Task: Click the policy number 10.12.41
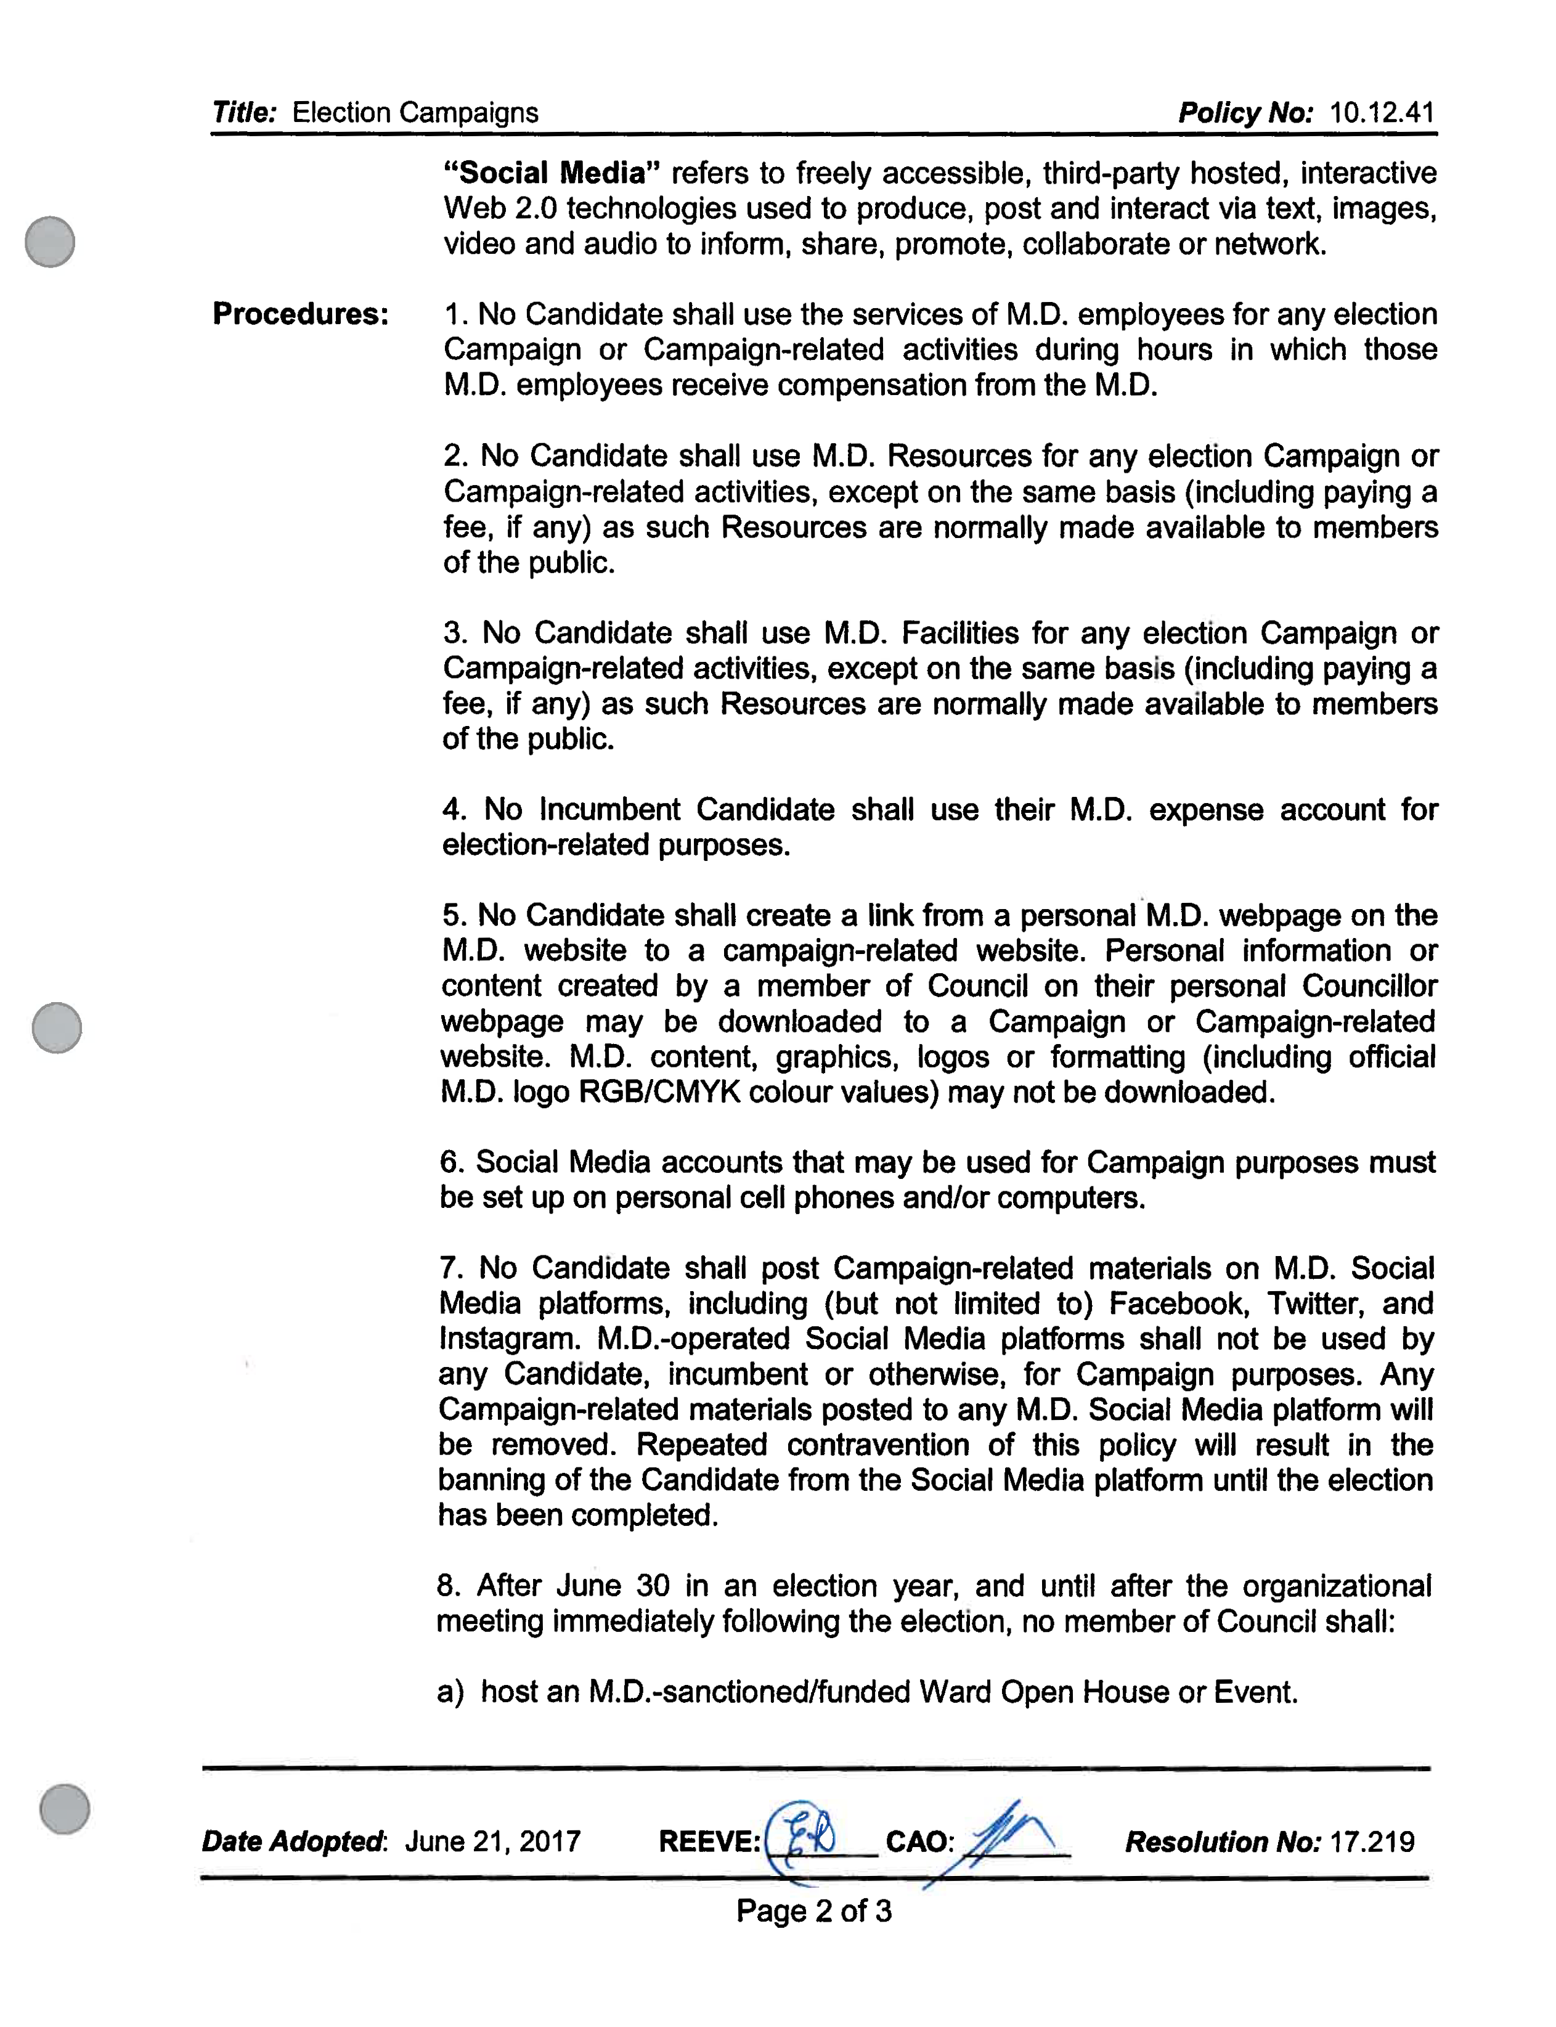click(x=1382, y=113)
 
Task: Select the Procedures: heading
click(x=301, y=314)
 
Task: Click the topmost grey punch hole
click(x=50, y=242)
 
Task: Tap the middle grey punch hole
click(x=57, y=1027)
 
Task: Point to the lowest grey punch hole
click(x=65, y=1808)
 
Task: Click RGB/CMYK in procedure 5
click(x=659, y=1092)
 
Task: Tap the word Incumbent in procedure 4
click(x=609, y=810)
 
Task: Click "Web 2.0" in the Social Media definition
click(x=500, y=208)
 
